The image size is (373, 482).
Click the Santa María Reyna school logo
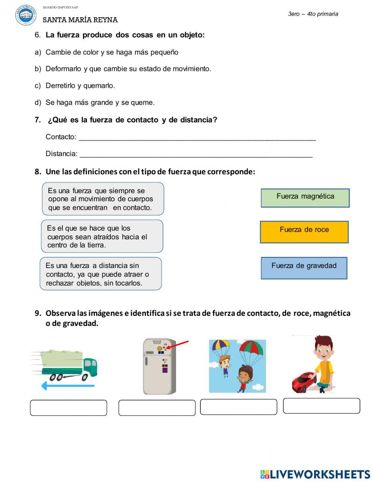(x=26, y=15)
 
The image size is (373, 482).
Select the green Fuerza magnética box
(x=305, y=198)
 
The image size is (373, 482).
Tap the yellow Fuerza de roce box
(x=304, y=232)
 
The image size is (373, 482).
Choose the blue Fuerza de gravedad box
(x=304, y=268)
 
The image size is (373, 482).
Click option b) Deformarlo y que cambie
(x=128, y=69)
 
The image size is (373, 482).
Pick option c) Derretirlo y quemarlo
(x=80, y=85)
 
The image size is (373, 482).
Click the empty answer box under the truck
(x=68, y=408)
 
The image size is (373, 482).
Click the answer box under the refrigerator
(x=157, y=408)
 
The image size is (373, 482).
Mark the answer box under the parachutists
(x=238, y=407)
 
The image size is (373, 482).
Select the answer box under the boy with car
(x=321, y=405)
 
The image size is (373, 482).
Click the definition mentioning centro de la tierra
(x=102, y=236)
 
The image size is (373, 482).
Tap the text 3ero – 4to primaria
(x=313, y=14)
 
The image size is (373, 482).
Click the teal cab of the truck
(x=90, y=366)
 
